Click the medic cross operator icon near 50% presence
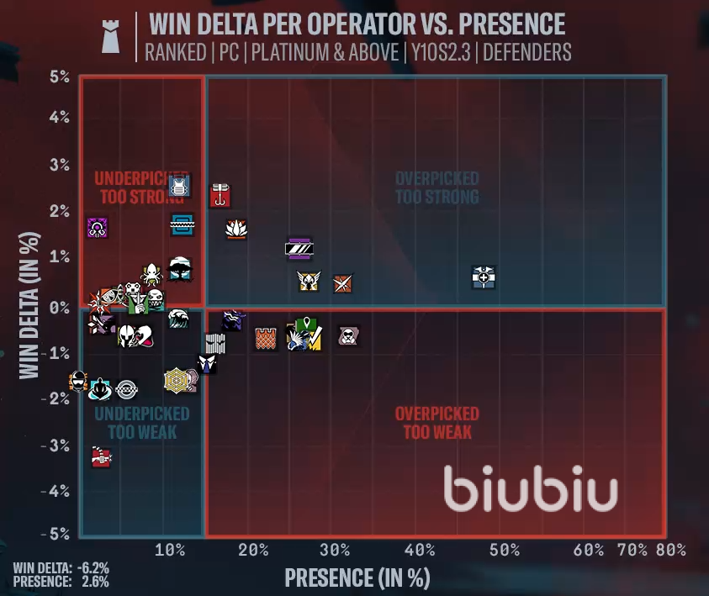click(484, 277)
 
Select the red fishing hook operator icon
click(220, 195)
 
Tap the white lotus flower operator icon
click(236, 228)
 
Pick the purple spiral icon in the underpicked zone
click(98, 227)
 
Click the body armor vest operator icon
click(178, 186)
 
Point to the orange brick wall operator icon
click(266, 338)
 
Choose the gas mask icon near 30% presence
click(347, 336)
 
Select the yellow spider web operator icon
click(177, 381)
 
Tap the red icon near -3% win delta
click(101, 457)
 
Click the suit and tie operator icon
click(207, 362)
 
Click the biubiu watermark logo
click(531, 490)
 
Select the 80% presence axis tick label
click(672, 550)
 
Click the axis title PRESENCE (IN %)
click(357, 578)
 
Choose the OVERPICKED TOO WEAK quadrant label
click(437, 423)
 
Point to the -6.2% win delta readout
click(92, 567)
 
